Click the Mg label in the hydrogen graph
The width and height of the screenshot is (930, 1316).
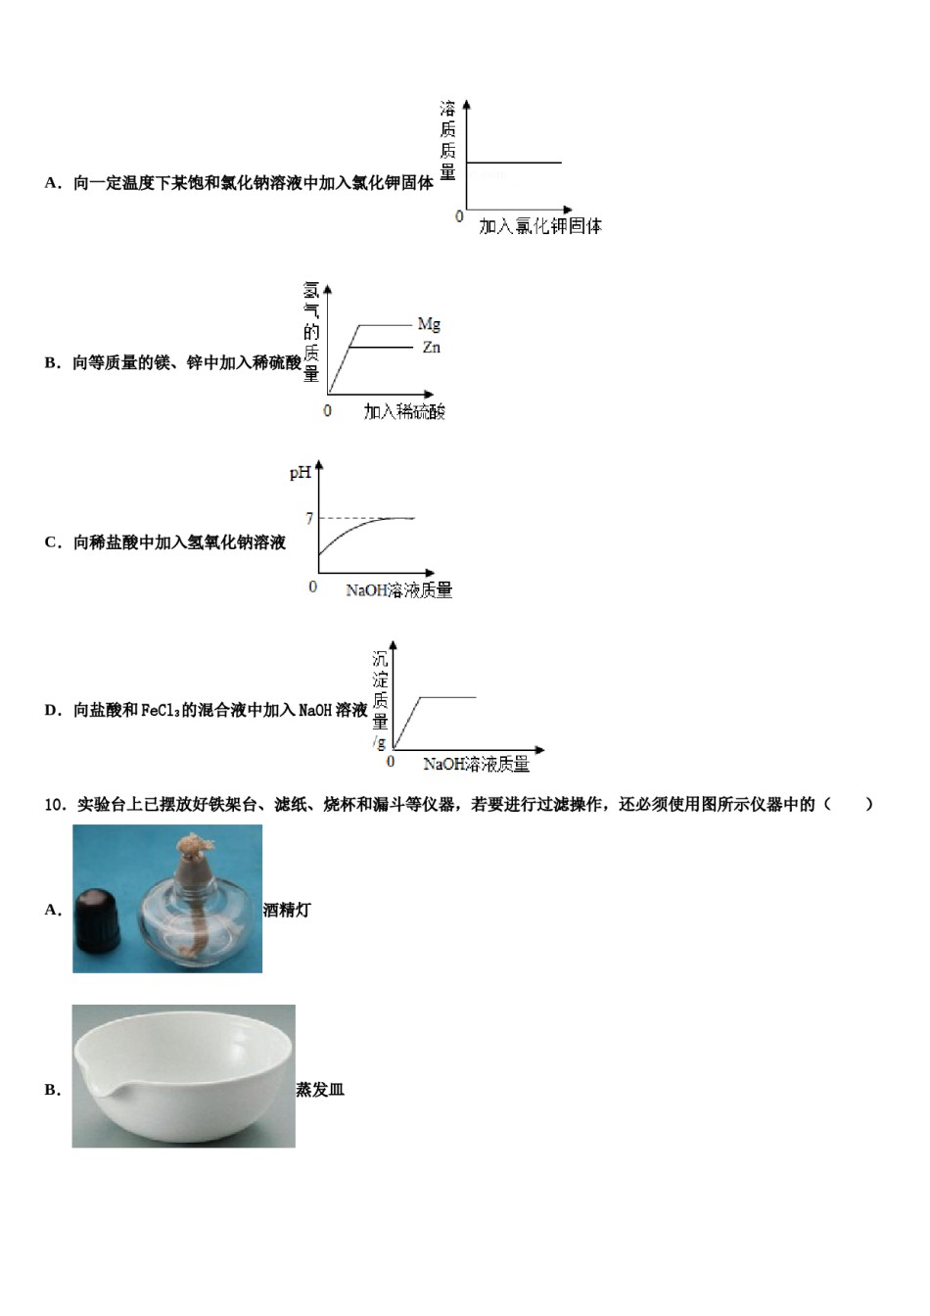(x=429, y=324)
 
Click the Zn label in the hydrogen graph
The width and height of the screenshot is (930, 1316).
(x=431, y=348)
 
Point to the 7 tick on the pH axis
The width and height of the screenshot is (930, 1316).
(x=309, y=518)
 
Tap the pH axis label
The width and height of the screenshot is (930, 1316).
(x=300, y=473)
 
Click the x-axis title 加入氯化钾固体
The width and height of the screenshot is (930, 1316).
(x=539, y=226)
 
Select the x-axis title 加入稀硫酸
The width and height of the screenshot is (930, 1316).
(x=404, y=412)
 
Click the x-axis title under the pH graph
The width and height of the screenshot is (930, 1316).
(x=398, y=590)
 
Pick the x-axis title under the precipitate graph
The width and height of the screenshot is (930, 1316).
(x=476, y=764)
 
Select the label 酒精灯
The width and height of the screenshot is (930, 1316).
(x=287, y=910)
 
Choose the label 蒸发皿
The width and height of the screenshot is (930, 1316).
(x=320, y=1090)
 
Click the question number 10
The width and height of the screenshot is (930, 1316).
(x=54, y=805)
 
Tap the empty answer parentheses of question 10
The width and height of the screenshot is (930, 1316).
(x=848, y=805)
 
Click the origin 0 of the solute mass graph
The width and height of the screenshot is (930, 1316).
(x=459, y=216)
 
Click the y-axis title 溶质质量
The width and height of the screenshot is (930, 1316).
(x=447, y=140)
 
